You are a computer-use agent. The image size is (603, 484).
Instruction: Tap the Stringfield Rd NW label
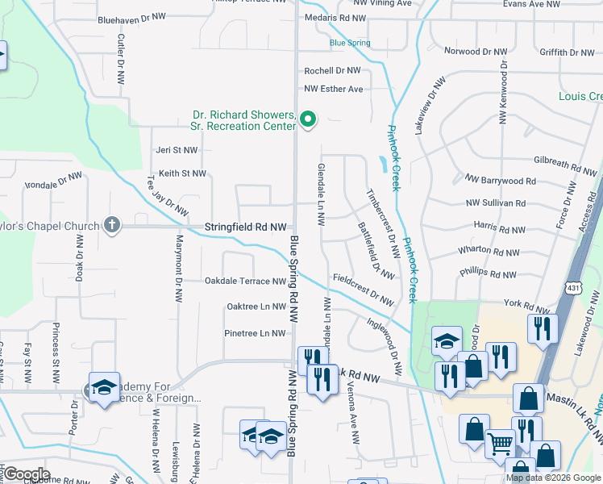245,227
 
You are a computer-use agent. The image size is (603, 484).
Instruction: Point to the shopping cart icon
500,443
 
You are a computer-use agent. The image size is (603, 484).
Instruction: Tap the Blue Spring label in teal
350,43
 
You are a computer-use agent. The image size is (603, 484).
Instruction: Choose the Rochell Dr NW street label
332,71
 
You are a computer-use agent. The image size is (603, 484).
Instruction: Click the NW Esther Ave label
334,89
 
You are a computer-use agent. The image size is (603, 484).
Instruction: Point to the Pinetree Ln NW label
256,333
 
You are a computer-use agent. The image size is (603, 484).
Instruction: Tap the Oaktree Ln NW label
256,307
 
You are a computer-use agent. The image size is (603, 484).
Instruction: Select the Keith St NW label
182,173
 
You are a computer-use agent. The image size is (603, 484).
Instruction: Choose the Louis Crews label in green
580,96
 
